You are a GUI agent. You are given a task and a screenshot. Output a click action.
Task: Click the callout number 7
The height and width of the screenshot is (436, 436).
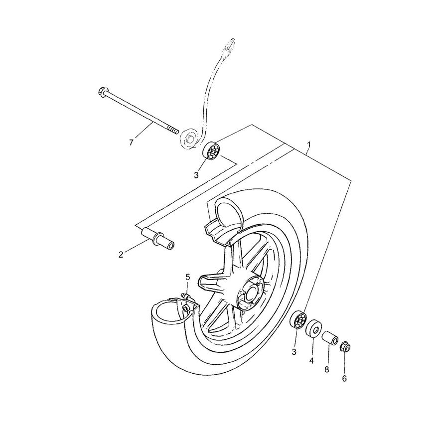point(131,143)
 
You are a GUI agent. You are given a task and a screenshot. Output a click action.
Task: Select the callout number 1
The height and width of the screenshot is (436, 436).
point(309,145)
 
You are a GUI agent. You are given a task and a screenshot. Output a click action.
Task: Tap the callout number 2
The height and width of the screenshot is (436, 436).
point(121,255)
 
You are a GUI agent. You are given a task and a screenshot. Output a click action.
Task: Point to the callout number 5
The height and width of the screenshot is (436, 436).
point(188,277)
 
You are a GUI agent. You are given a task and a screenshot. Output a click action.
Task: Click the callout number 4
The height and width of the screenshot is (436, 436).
point(312,360)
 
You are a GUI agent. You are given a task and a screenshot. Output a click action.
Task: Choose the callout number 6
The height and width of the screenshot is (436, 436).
point(344,378)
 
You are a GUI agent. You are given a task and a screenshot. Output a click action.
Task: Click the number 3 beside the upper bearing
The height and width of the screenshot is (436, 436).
point(196,175)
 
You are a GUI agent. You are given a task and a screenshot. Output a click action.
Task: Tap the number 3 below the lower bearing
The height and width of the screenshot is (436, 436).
point(294,352)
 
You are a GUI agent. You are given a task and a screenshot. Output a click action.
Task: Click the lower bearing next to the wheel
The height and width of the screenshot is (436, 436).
point(298,320)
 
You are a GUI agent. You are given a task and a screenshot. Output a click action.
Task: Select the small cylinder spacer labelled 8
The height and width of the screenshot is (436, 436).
point(330,339)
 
